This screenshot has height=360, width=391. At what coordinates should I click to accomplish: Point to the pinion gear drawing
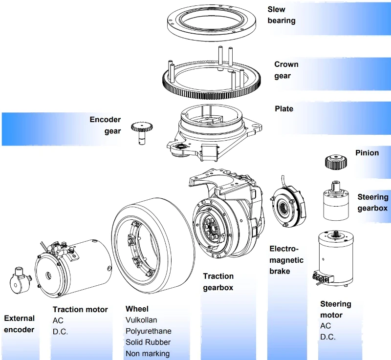point(336,162)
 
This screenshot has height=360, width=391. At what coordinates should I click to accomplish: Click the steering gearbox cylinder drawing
point(336,202)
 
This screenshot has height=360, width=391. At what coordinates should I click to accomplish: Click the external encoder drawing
point(21,281)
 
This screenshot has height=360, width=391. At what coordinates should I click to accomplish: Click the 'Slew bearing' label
point(282,15)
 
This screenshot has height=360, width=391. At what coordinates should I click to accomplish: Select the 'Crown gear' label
point(286,70)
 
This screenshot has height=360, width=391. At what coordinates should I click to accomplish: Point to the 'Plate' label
point(284,109)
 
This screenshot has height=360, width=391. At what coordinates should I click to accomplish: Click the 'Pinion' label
point(367,153)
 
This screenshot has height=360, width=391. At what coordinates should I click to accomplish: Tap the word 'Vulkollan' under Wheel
point(141,320)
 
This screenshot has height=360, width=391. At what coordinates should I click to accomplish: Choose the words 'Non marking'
point(148,354)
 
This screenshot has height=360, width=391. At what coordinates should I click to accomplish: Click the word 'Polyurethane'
point(149,331)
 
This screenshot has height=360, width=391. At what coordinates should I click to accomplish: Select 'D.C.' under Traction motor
point(60,332)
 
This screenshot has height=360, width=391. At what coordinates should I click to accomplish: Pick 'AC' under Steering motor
point(326,326)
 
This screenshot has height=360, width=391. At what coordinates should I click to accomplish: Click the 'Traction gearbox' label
point(218,282)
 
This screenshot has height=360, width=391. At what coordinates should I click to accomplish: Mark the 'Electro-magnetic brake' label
point(286,260)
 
